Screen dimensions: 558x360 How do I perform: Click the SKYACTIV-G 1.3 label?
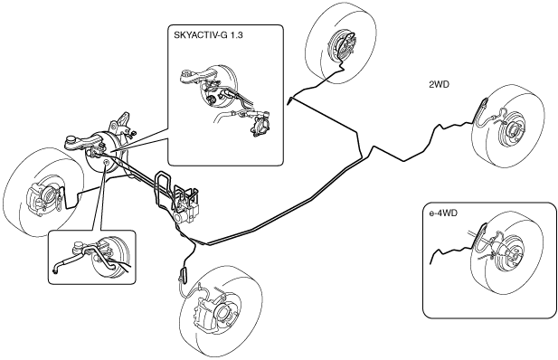tap(208, 35)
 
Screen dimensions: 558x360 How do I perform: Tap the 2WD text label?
tap(439, 84)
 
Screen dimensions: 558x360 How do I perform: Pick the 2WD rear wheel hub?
tap(514, 131)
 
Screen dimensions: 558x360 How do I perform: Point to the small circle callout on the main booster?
tap(106, 163)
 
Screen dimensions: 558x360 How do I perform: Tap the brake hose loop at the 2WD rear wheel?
tap(482, 109)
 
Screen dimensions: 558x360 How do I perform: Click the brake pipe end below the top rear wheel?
tap(289, 100)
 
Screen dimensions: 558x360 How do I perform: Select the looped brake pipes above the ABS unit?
tap(163, 182)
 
